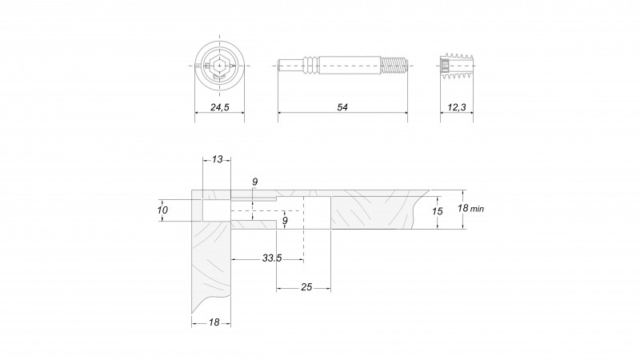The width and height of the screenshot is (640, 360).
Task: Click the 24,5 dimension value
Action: [x=219, y=107]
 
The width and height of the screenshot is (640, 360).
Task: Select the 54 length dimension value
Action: [x=342, y=107]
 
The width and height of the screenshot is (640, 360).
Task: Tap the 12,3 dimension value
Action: [x=457, y=107]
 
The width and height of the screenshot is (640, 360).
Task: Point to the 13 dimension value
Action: [x=217, y=159]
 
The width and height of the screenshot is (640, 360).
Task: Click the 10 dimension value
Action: [x=162, y=210]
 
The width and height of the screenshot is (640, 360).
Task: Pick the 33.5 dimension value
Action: [x=272, y=258]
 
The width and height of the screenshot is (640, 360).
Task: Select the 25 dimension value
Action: [x=306, y=287]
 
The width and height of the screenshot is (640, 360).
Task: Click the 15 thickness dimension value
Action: [x=438, y=211]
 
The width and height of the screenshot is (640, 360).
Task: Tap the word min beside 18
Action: [x=477, y=209]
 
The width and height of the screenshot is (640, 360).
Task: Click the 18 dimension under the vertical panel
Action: [x=214, y=322]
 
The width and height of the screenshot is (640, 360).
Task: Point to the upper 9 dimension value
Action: [x=254, y=182]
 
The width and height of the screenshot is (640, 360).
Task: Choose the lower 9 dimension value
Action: [x=285, y=221]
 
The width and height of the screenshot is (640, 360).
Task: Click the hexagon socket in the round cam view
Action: [x=219, y=66]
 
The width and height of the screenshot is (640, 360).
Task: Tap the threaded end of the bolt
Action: [x=394, y=66]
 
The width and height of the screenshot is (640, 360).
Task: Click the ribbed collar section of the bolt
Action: [x=310, y=66]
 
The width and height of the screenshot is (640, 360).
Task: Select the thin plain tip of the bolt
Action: [x=290, y=66]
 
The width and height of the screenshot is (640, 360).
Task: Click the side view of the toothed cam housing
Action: [x=457, y=66]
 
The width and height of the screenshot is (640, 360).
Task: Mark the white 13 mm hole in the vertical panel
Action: [x=217, y=210]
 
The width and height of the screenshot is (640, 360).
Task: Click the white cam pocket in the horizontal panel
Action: [x=317, y=213]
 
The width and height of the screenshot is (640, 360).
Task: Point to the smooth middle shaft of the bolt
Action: [x=350, y=66]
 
